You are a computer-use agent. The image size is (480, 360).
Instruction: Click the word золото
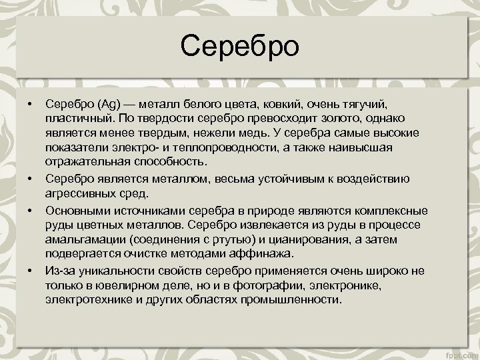pos(340,119)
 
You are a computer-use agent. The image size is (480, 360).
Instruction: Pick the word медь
pos(287,134)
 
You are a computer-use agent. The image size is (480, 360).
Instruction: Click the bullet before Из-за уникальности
pos(30,270)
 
